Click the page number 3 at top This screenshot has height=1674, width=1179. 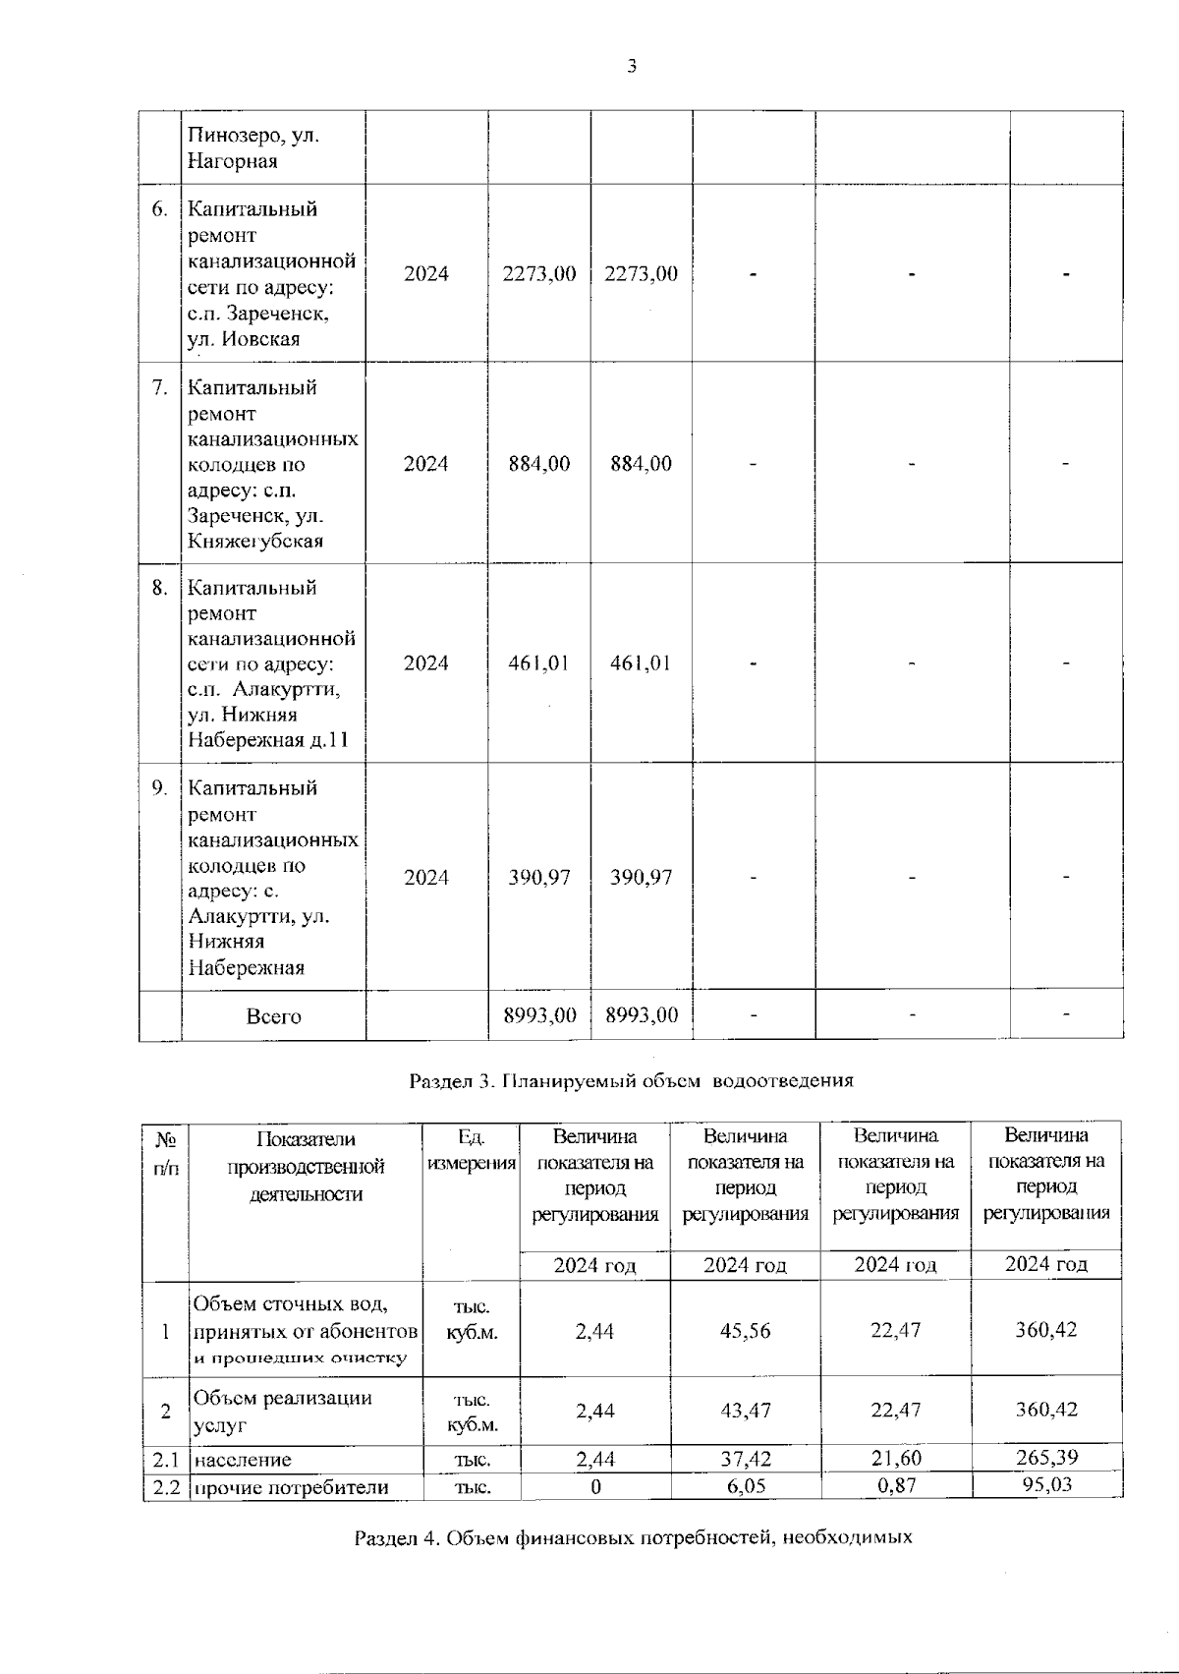[x=632, y=67]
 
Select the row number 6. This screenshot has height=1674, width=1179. [x=160, y=209]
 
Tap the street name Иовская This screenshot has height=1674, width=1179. [x=260, y=339]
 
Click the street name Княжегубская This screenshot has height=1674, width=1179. [x=255, y=542]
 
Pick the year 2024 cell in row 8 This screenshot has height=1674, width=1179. [x=426, y=664]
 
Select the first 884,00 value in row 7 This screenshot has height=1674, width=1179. [x=539, y=464]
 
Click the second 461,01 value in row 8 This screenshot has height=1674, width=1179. [x=641, y=664]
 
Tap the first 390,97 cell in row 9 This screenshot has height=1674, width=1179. [x=539, y=878]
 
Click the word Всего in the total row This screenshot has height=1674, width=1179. [x=273, y=1016]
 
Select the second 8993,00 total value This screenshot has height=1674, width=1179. [x=641, y=1015]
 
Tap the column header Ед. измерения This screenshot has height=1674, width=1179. [x=472, y=1150]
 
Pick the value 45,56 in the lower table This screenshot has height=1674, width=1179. [x=745, y=1331]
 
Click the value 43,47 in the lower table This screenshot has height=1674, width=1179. [x=745, y=1411]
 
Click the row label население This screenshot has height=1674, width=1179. [x=242, y=1460]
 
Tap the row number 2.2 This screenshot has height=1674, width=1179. [x=166, y=1487]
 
